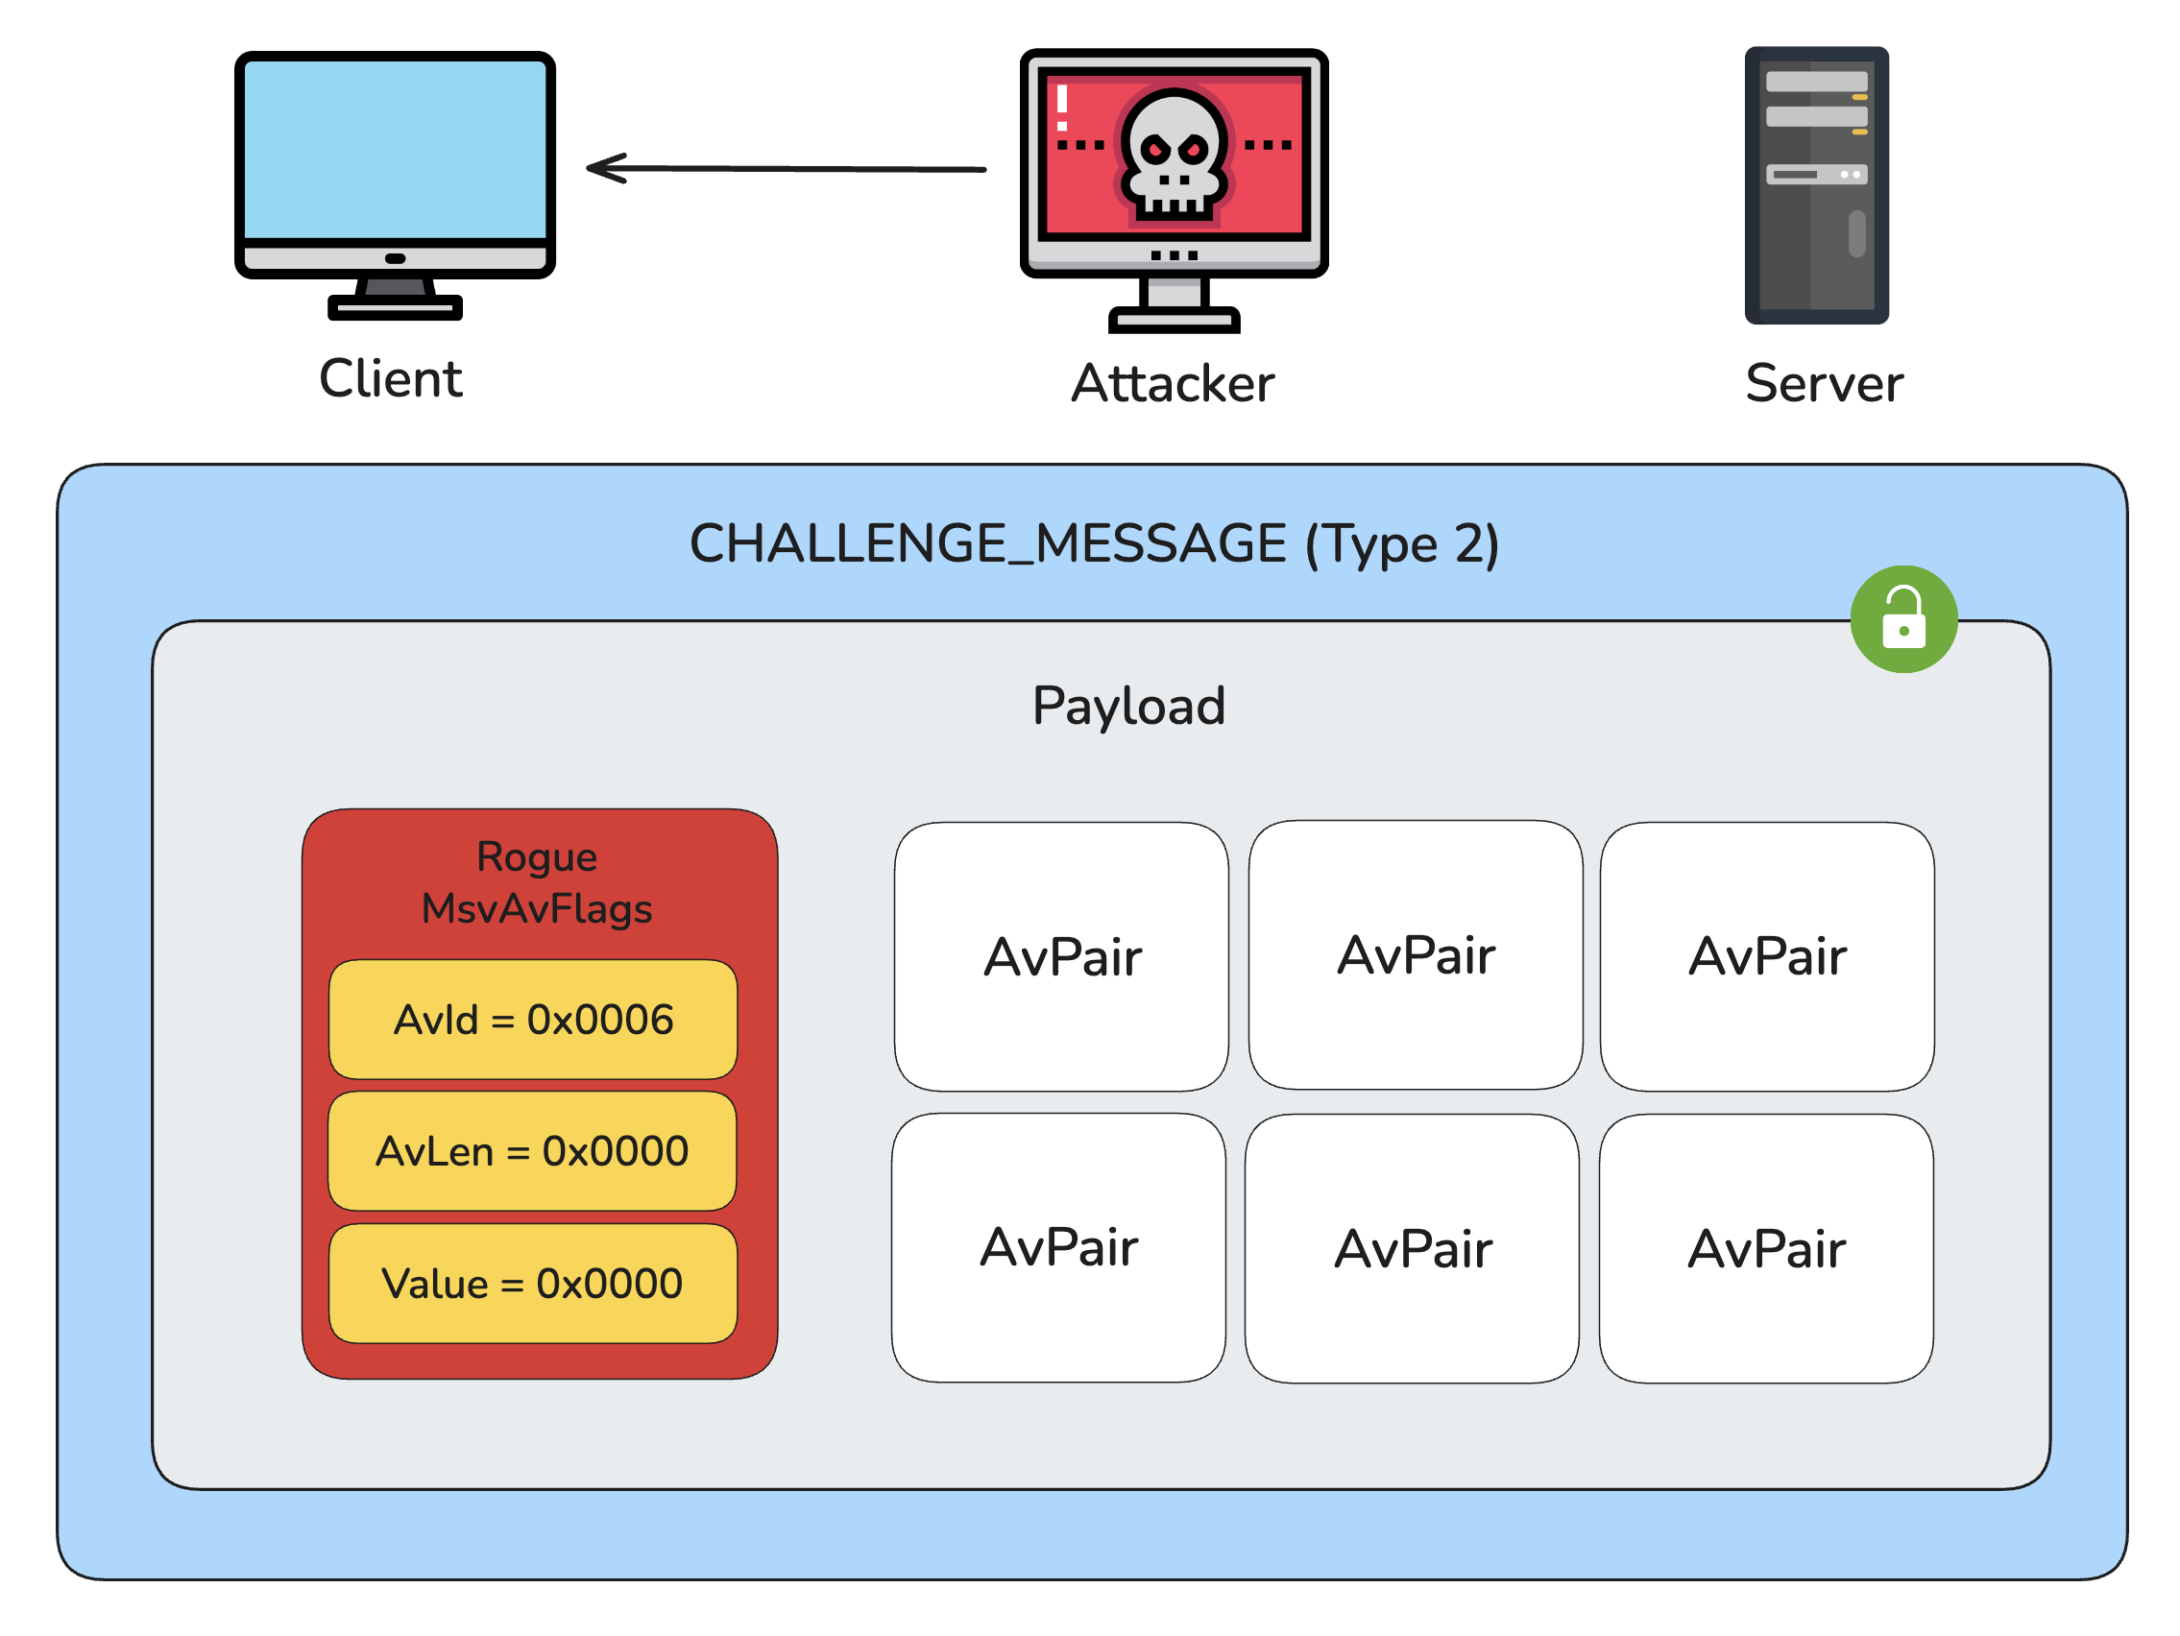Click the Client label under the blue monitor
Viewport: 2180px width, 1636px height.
[390, 379]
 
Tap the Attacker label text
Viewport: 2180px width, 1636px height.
[1173, 384]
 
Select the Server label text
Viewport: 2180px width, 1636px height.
[1824, 384]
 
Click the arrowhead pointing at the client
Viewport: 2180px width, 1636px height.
[603, 168]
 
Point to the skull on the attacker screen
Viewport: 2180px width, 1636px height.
[1173, 153]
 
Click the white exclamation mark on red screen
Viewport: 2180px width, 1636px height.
[1062, 108]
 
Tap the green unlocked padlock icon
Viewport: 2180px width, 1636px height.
[1903, 619]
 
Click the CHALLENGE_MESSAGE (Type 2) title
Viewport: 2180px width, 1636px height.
[1094, 544]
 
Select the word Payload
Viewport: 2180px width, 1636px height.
[1128, 707]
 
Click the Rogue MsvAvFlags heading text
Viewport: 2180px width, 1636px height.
[537, 883]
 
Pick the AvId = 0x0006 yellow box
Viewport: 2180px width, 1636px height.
[533, 1020]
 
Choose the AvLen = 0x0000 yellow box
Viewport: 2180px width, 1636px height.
[532, 1151]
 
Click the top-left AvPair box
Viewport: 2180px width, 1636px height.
[1061, 957]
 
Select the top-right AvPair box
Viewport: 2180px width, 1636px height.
[1766, 957]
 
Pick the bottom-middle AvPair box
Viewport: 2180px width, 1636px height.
[1413, 1249]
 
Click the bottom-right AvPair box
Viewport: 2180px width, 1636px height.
[1765, 1249]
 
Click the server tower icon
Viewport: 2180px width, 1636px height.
[1816, 185]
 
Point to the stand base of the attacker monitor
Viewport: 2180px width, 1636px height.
[1174, 320]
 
